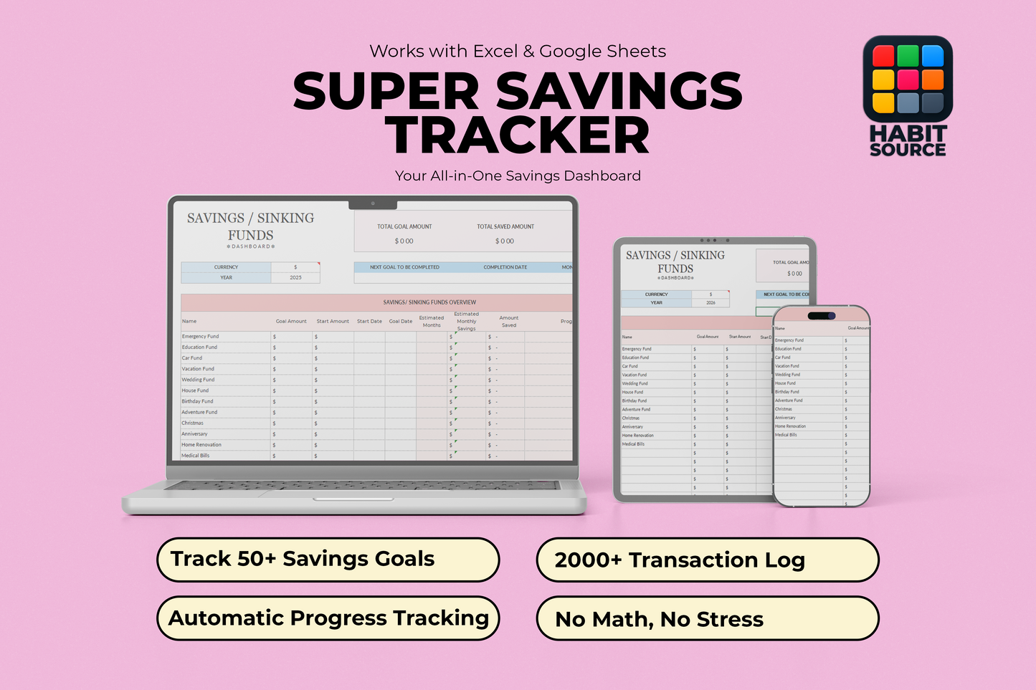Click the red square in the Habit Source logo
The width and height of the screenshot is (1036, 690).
(x=883, y=56)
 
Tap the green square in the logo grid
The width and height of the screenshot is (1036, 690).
(x=908, y=56)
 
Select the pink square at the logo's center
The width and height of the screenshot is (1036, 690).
(x=908, y=80)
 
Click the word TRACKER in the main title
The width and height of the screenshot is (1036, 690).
(x=517, y=135)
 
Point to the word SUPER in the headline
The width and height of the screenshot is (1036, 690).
(x=386, y=91)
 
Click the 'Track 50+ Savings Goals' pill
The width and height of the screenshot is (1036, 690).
(x=328, y=560)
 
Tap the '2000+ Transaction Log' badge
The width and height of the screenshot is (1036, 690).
(x=707, y=560)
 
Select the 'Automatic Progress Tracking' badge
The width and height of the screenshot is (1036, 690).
(x=328, y=618)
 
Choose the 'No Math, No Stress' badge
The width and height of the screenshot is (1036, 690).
(x=707, y=619)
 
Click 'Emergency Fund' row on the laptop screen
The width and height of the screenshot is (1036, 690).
(x=201, y=336)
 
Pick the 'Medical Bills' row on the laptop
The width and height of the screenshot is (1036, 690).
(x=196, y=456)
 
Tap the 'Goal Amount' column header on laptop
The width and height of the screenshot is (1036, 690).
(x=291, y=321)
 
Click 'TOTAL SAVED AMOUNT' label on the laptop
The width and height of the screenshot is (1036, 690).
(x=505, y=226)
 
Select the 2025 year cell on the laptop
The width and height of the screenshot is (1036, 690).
(x=295, y=277)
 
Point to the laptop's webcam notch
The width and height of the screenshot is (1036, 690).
(x=373, y=203)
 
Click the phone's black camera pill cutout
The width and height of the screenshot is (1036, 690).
(x=821, y=315)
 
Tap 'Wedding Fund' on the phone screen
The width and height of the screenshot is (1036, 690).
(x=787, y=375)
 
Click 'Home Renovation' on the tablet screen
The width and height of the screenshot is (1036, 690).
(x=638, y=436)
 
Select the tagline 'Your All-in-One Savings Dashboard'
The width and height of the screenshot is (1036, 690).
(x=518, y=176)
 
